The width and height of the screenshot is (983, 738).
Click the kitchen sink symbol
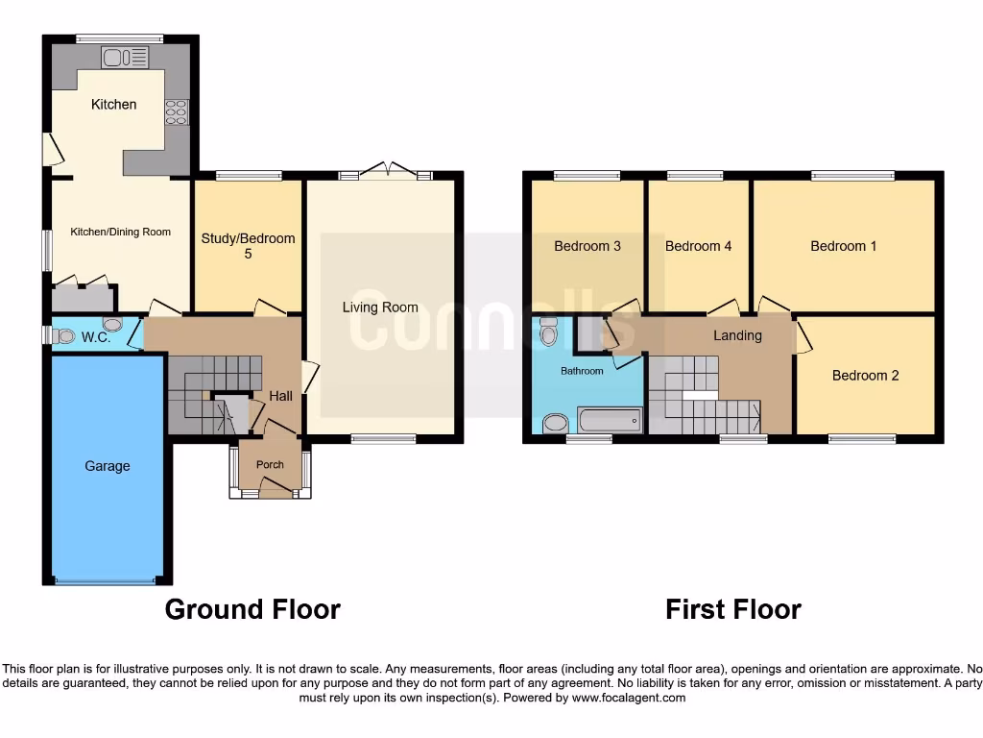click(126, 58)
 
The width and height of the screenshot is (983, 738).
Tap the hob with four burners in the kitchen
click(177, 112)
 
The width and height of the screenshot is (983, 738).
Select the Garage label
click(107, 466)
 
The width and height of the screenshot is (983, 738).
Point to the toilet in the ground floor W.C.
click(63, 335)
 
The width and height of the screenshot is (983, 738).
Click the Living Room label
click(380, 307)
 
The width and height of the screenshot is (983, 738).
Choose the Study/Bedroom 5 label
click(248, 246)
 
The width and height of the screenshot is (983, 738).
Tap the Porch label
click(270, 465)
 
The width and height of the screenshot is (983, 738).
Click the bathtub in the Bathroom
click(609, 421)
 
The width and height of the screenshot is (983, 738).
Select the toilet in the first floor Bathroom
click(549, 332)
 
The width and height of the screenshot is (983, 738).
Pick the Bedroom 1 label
click(843, 246)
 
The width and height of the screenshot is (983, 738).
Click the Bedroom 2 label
click(865, 376)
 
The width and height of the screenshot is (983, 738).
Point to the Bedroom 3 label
click(587, 246)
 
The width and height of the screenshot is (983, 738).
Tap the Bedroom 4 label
click(698, 246)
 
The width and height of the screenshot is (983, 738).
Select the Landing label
click(737, 335)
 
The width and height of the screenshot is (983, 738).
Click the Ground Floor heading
click(252, 609)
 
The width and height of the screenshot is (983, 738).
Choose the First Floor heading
click(733, 609)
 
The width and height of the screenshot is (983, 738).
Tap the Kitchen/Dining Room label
click(120, 232)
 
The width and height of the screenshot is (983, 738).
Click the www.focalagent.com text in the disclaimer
click(630, 698)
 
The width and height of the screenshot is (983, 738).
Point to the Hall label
click(280, 396)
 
